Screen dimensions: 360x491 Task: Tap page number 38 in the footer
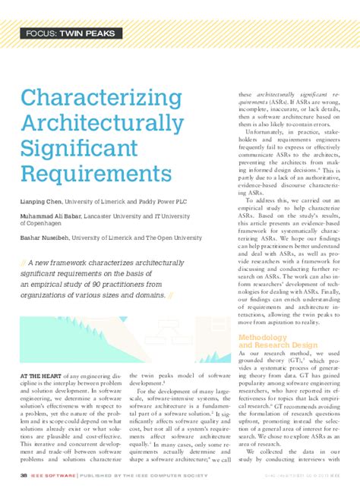click(x=24, y=476)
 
